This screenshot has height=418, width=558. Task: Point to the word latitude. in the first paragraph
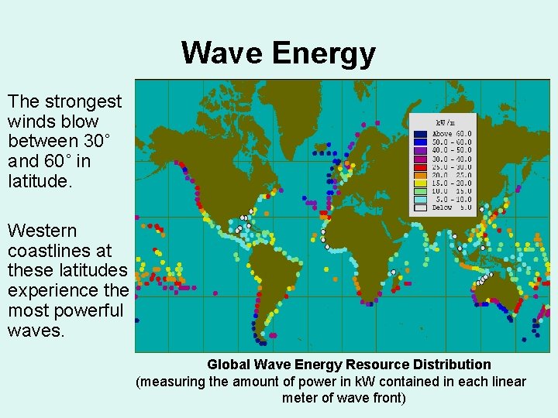[38, 181]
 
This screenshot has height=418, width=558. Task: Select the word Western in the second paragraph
[42, 231]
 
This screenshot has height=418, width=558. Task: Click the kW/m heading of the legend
[444, 123]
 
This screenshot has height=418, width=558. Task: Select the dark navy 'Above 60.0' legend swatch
[419, 134]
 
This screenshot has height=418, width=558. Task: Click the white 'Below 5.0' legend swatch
[419, 207]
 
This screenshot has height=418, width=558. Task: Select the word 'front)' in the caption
[387, 398]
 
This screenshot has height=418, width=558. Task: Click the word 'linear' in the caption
[506, 382]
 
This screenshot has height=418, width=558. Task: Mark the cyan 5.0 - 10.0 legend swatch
[419, 200]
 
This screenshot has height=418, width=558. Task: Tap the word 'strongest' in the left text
[81, 101]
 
